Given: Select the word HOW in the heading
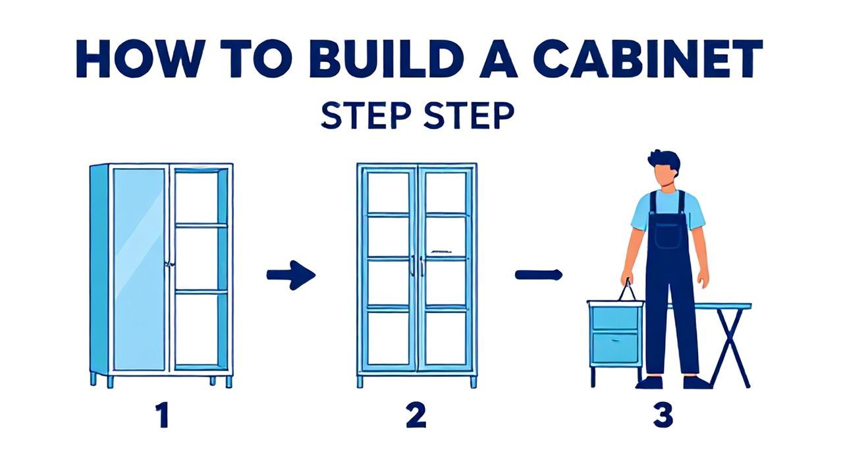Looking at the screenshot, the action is click(138, 59).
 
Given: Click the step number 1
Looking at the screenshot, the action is click(163, 415).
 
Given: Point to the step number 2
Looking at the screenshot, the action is click(416, 415).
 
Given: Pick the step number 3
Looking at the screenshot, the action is click(663, 415).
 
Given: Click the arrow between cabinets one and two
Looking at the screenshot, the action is click(291, 275).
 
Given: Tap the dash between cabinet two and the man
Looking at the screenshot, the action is click(539, 275).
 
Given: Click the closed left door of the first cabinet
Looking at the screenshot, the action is click(139, 270).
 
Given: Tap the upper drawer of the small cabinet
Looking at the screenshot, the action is click(615, 318).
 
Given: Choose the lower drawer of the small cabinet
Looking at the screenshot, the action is click(615, 348).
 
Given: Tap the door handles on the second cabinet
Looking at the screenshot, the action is click(417, 266).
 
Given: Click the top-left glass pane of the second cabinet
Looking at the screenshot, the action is click(388, 193).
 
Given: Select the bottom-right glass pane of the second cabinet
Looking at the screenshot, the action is click(447, 338).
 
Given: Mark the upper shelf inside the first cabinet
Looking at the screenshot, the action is click(201, 225).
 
